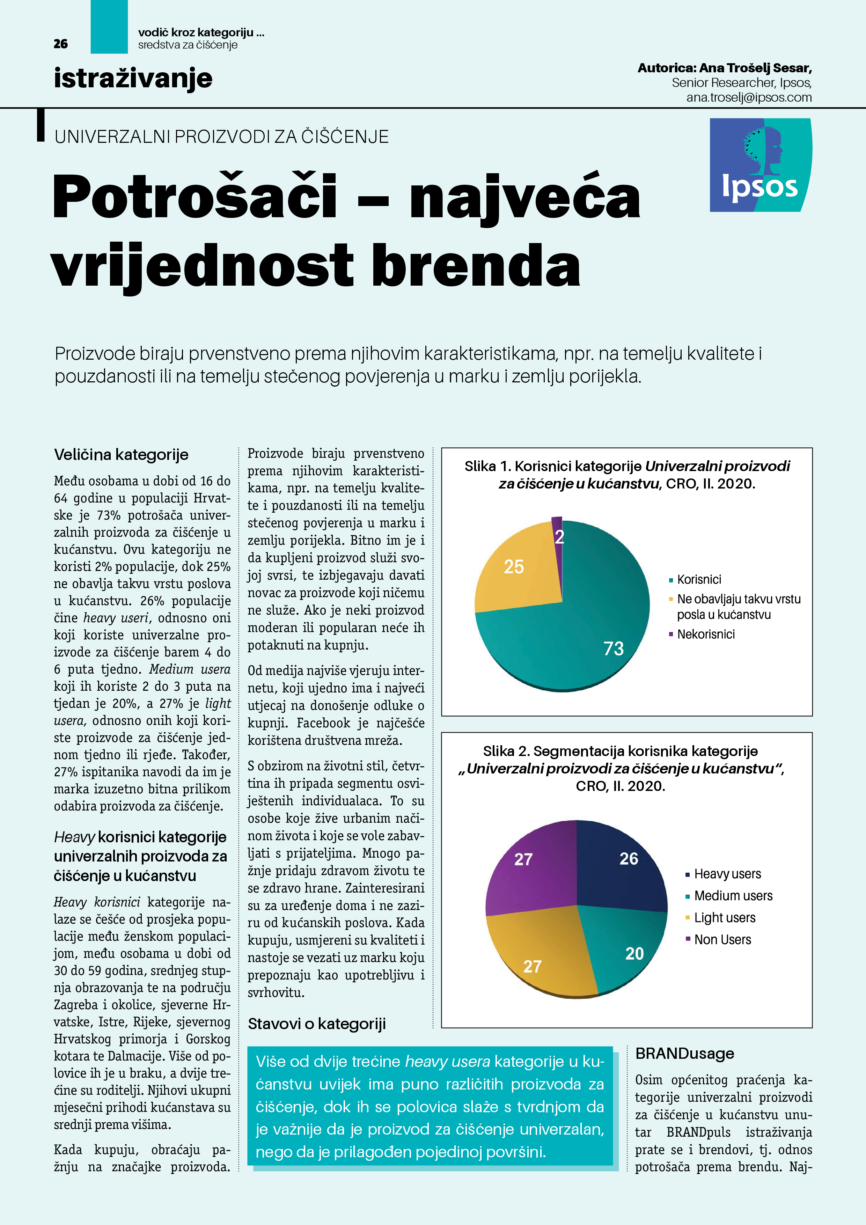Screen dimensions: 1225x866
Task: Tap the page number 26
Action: [61, 44]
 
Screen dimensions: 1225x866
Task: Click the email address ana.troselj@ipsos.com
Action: [749, 98]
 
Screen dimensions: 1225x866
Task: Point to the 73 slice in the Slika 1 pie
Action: [587, 630]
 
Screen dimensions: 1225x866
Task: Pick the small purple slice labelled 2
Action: [558, 534]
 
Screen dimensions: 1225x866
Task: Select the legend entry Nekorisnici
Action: [705, 634]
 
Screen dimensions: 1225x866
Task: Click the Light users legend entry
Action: [724, 918]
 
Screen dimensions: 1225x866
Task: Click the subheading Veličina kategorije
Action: [121, 455]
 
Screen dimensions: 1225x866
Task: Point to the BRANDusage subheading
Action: [684, 1054]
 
